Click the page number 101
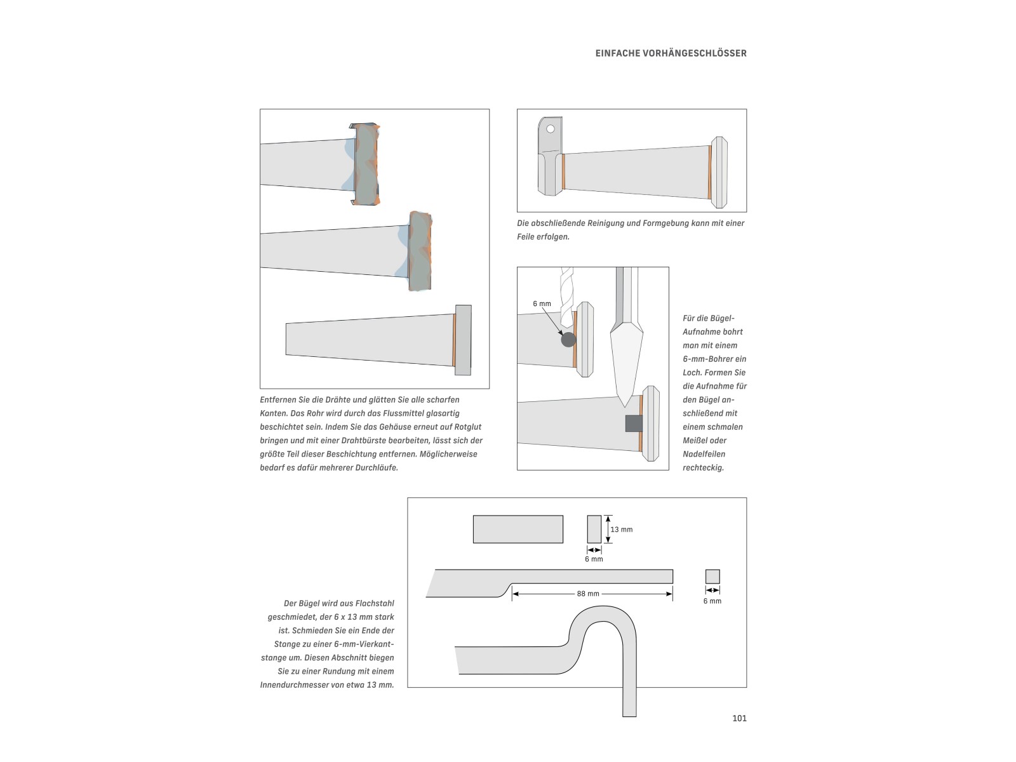(x=739, y=718)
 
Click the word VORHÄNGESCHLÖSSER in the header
(x=695, y=53)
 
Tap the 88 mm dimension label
(x=588, y=594)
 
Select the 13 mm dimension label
(x=621, y=530)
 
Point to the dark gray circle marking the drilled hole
(x=568, y=340)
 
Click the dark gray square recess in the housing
(x=634, y=424)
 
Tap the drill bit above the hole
(x=566, y=297)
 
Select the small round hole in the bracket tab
(x=551, y=129)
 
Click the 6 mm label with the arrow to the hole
(x=542, y=304)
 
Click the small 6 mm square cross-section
(x=712, y=577)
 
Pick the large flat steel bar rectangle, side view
(x=518, y=530)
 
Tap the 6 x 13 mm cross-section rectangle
(x=594, y=530)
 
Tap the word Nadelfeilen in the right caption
(x=704, y=454)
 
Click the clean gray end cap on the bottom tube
(x=464, y=340)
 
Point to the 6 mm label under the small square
(x=712, y=601)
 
